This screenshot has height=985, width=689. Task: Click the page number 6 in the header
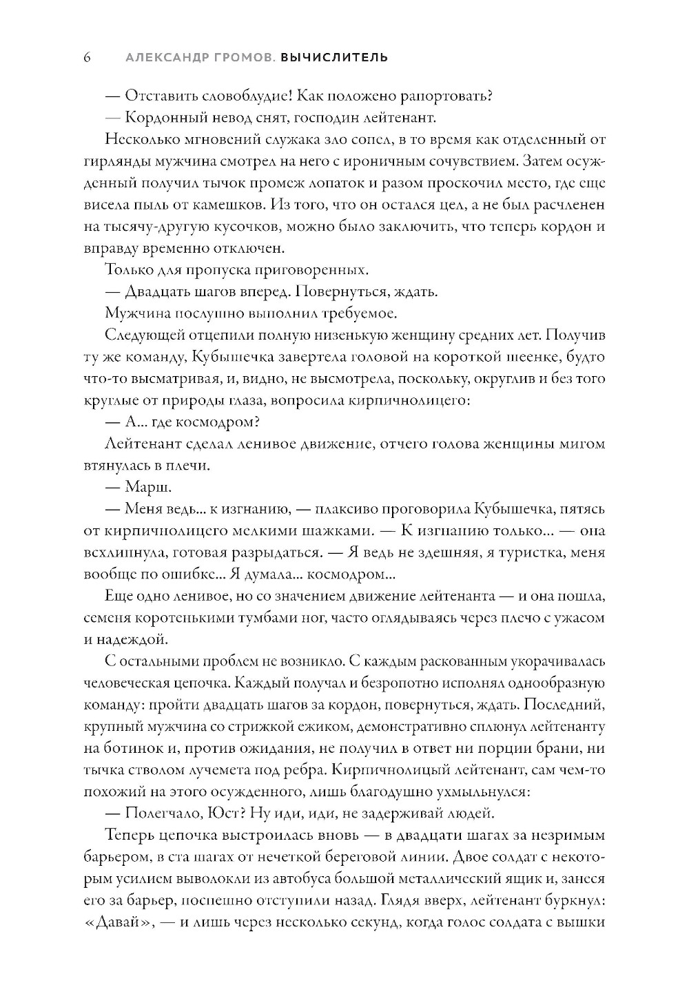[88, 57]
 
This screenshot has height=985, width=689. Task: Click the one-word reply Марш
[148, 487]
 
